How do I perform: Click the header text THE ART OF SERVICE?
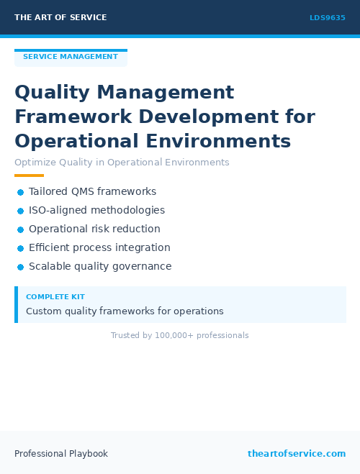coord(60,17)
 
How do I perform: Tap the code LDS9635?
coord(328,18)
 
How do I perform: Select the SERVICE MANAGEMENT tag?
coord(71,57)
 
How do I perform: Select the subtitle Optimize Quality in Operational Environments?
coord(122,163)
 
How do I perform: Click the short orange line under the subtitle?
coord(29,176)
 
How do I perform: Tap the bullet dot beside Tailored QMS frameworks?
coord(21,192)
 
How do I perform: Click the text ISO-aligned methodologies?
coord(96,211)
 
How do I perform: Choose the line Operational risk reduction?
coord(94,229)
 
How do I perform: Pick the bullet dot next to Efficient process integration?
coord(21,248)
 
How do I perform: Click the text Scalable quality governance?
coord(100,267)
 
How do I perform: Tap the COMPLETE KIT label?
coord(55,297)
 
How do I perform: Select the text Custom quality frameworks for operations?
coord(125,311)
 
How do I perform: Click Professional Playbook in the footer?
coord(61,454)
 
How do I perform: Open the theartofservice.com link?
coord(297,454)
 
